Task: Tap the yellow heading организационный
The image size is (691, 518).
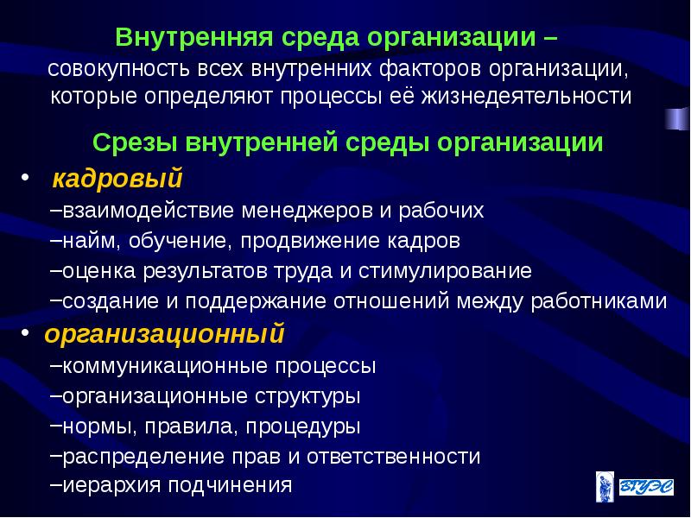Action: (164, 332)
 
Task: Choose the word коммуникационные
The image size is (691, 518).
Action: (166, 365)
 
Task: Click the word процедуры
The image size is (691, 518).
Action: (303, 426)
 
